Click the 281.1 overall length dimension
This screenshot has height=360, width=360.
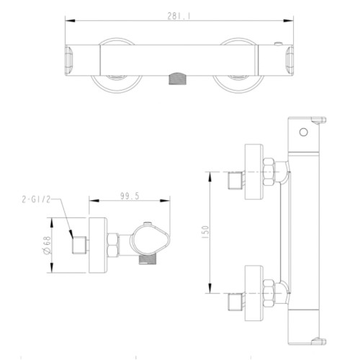click(179, 17)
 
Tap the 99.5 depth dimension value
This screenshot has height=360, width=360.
click(130, 196)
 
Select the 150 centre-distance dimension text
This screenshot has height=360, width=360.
click(206, 232)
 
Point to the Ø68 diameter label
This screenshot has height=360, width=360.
click(47, 245)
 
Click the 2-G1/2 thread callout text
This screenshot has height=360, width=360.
click(36, 199)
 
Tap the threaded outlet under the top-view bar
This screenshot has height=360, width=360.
click(178, 78)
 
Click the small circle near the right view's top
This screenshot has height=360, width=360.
click(304, 132)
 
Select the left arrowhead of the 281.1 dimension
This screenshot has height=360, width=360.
click(70, 21)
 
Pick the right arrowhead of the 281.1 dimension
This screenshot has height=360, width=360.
click(288, 21)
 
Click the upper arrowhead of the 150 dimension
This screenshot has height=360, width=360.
click(210, 177)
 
